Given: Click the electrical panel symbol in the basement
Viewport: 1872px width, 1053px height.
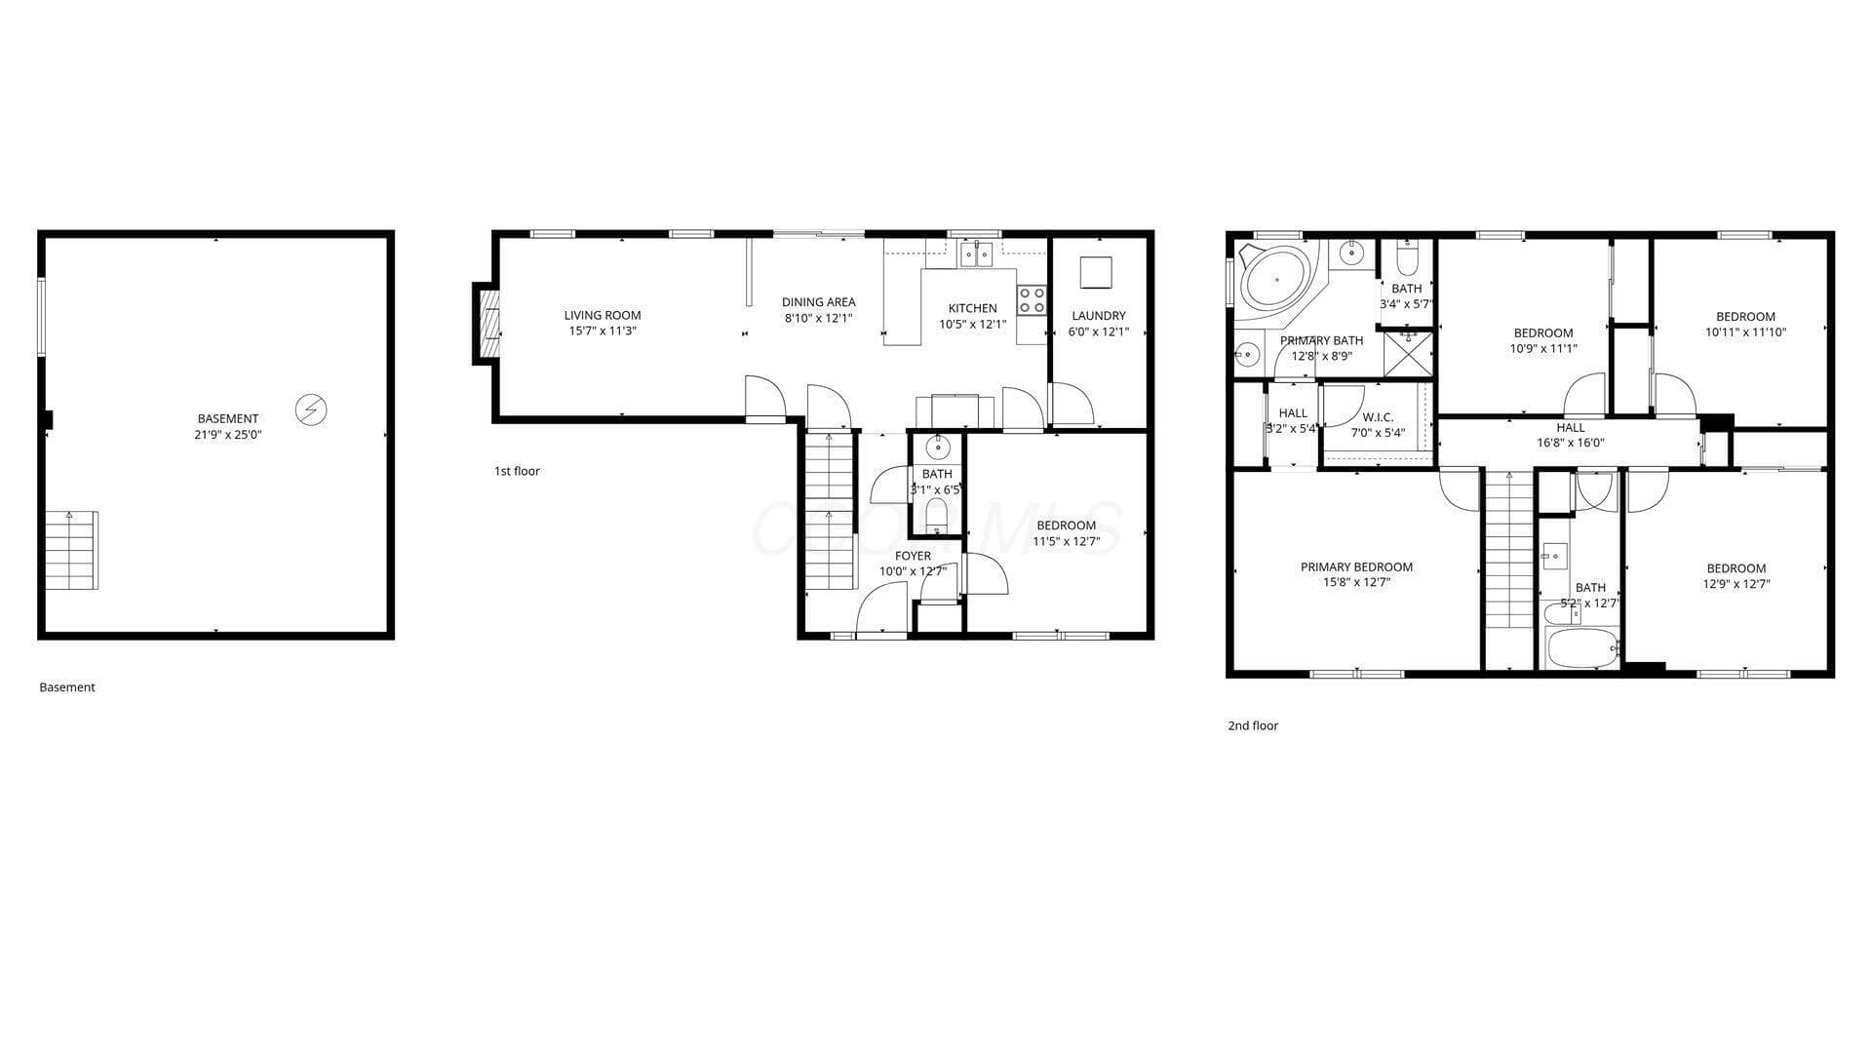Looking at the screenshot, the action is coord(311,409).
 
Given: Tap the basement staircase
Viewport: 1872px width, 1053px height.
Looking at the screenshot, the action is coord(71,550).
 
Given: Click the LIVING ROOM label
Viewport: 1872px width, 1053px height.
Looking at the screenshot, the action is coord(603,315).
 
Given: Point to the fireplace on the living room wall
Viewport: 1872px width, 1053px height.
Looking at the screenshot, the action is coord(487,324).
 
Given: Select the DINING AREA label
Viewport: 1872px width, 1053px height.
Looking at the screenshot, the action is coord(818,302).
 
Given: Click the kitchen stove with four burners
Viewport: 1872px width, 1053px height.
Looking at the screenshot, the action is coord(1032,300).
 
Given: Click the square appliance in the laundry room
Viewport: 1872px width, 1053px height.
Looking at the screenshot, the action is coord(1096,272).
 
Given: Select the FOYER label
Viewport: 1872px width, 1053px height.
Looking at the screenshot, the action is coord(913,556).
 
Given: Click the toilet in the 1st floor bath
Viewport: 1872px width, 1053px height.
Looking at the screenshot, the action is coord(937,516).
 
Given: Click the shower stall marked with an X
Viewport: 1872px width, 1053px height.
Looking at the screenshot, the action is coord(1408,353).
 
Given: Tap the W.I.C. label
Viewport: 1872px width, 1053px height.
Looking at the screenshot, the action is coord(1378,417).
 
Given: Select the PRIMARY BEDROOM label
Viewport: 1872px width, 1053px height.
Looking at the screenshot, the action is coord(1356,566).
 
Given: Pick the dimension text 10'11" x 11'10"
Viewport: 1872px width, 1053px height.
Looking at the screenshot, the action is coord(1745,331).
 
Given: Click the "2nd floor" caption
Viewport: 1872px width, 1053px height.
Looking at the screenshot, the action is coord(1253,725).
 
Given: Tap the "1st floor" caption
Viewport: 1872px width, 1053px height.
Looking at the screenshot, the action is coord(517,471).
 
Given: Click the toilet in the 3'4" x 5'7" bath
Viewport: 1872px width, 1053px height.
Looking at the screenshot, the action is coord(1407,258).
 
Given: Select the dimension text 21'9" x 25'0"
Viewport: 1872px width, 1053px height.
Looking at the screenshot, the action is coord(228,435).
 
